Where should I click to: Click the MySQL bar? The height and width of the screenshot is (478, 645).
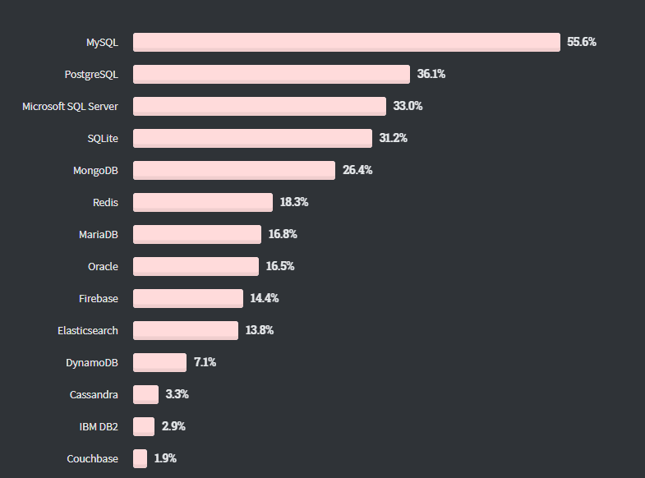click(x=346, y=42)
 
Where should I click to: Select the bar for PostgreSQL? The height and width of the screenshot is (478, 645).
click(x=271, y=74)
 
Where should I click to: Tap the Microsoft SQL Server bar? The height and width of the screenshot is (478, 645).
click(x=259, y=106)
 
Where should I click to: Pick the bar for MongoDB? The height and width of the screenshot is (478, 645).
click(x=233, y=170)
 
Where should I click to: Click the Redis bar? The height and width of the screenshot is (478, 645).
click(x=202, y=202)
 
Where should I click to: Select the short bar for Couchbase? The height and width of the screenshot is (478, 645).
click(x=140, y=458)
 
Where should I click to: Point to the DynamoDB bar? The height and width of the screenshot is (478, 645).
click(x=159, y=362)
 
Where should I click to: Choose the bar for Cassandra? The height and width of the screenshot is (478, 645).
click(x=145, y=394)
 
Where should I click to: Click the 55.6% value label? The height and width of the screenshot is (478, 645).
click(x=581, y=42)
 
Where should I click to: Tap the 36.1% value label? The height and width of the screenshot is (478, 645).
click(x=431, y=74)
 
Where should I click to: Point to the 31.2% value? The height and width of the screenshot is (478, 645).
click(x=393, y=138)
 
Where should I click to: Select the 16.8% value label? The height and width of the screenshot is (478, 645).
click(x=283, y=234)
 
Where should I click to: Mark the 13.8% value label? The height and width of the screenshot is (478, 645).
click(x=259, y=330)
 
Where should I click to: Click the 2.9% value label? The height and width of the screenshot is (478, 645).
click(x=173, y=426)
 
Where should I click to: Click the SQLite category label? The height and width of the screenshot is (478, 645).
click(x=103, y=138)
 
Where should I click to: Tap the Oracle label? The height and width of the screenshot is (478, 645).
click(x=103, y=266)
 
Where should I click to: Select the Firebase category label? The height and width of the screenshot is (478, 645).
click(x=99, y=298)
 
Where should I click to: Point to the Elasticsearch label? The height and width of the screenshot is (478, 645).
click(x=87, y=330)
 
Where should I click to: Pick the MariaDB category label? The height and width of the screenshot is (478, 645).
click(x=98, y=234)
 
